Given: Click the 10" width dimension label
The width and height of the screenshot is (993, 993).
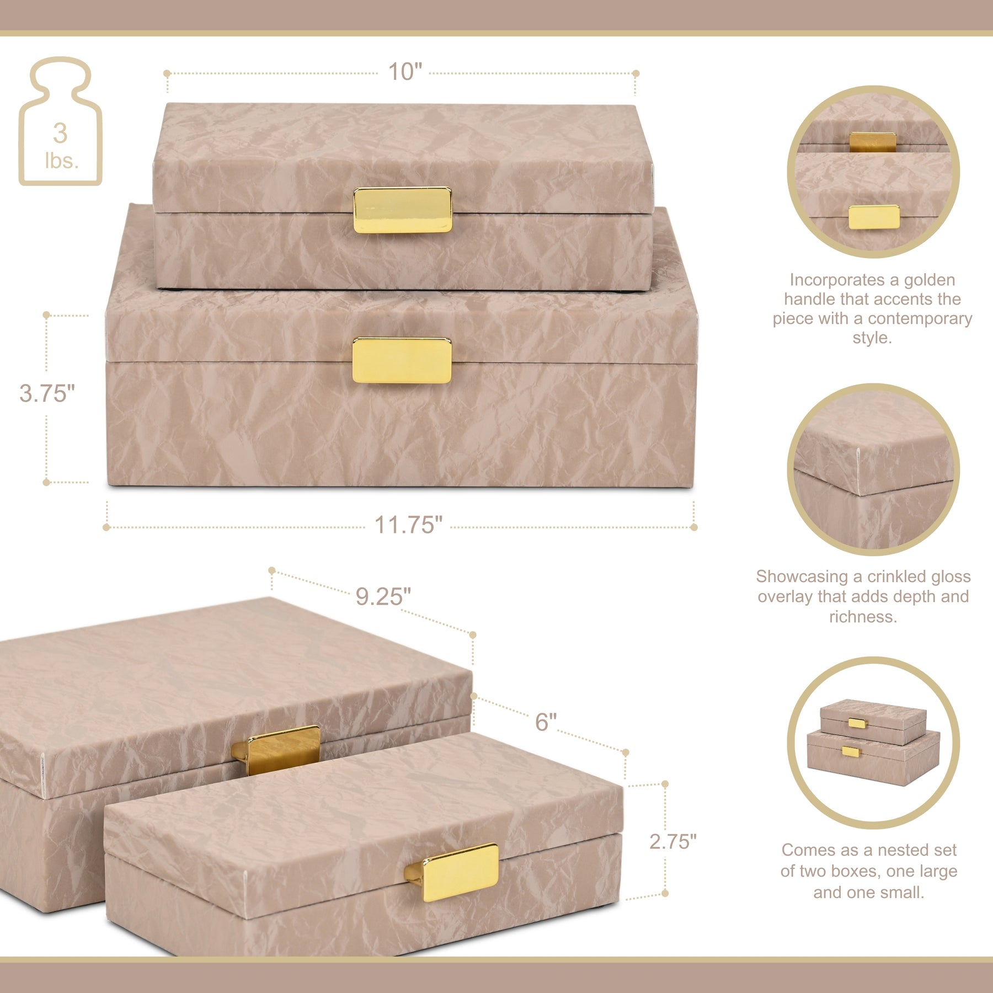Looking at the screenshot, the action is point(405,72).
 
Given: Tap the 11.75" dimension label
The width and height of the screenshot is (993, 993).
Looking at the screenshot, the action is point(408,525).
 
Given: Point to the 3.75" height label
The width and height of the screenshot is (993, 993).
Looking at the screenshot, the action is point(47,393).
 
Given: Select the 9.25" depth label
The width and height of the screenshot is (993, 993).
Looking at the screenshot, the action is point(383,596).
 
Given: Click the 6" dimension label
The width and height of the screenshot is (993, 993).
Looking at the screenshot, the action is point(546,722).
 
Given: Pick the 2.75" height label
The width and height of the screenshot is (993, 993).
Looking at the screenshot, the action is point(672,841).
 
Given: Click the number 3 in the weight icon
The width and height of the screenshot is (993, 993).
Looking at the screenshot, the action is point(60,133).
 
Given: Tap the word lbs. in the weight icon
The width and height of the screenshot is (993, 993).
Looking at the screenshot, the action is point(61,161).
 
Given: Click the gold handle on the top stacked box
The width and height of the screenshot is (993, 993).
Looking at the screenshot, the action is point(402,210).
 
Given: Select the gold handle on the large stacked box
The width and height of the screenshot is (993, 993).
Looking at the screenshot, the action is point(402,360).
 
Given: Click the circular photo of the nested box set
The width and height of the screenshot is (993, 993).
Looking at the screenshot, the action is point(873,743).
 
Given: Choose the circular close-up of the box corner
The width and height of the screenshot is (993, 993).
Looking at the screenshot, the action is point(873,469).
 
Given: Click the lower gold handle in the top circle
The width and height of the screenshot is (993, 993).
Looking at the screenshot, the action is point(874,217).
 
